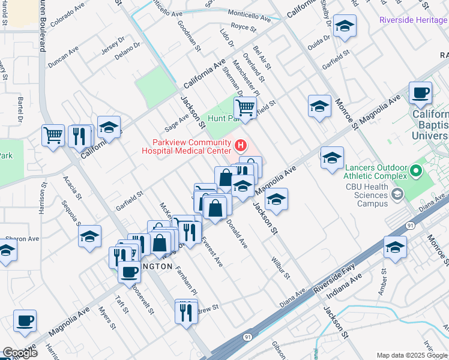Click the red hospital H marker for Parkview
(x=241, y=145)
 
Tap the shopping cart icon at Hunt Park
(x=245, y=109)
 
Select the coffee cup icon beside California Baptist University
(x=421, y=93)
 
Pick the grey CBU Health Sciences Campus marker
(x=397, y=194)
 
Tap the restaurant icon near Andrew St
(x=185, y=311)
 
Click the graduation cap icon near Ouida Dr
(x=345, y=26)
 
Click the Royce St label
(x=244, y=27)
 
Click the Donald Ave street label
(x=237, y=234)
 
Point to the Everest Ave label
(x=212, y=253)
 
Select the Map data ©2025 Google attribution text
(x=412, y=355)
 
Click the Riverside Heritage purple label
(x=414, y=20)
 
